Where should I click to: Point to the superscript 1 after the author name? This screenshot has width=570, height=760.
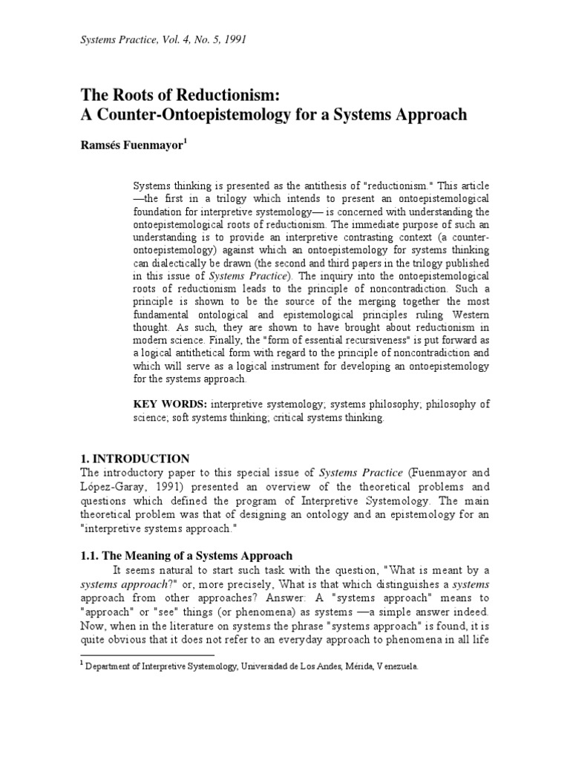click(186, 141)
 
